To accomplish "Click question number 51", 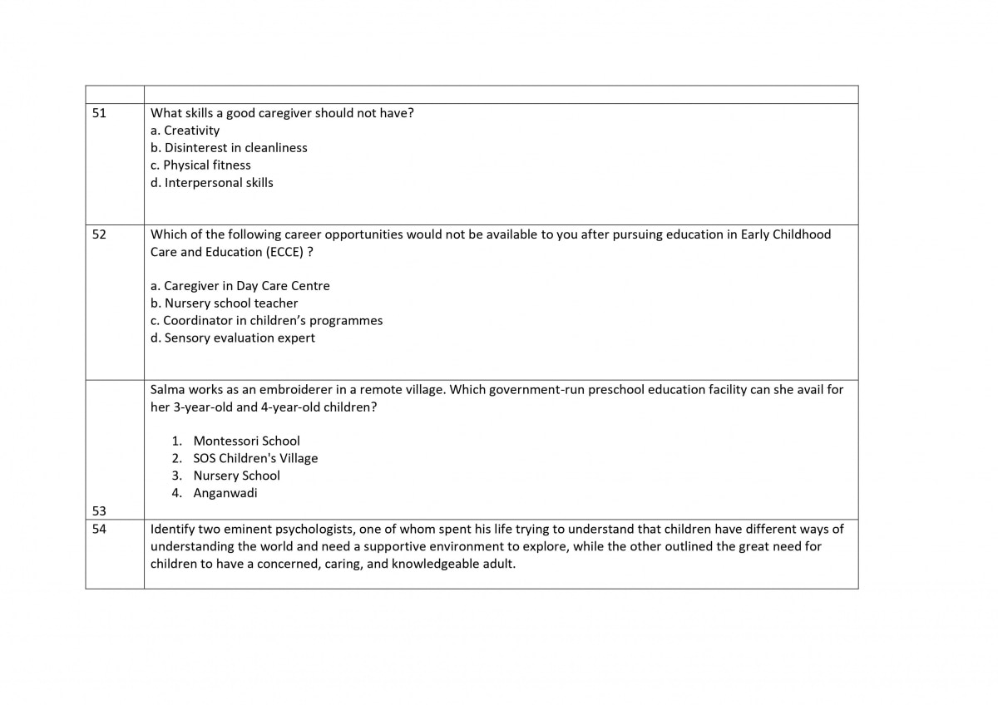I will tap(99, 113).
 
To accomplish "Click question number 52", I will tap(99, 234).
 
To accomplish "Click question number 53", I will tap(99, 510).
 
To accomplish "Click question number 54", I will tap(99, 529).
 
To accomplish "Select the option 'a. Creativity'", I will tap(185, 131).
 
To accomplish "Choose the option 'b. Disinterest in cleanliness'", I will tap(229, 148).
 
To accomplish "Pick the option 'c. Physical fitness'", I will tap(200, 165).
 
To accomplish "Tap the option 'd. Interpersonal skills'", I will tap(211, 183).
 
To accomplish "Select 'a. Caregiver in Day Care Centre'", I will tap(240, 286).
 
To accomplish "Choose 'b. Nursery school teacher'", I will tap(224, 303).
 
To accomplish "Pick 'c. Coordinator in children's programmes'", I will tap(266, 321).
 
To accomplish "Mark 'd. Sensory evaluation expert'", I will tap(232, 338).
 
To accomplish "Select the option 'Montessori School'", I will tap(246, 441).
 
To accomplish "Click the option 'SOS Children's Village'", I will tap(255, 458).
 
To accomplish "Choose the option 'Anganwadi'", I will tap(225, 493).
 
